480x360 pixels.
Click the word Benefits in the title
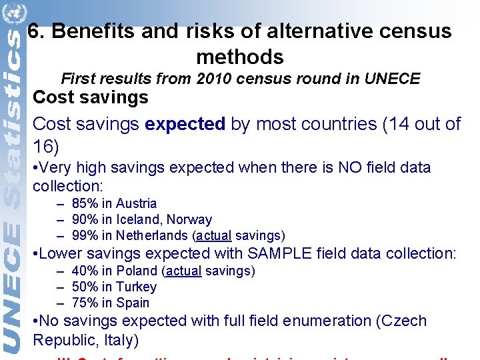(x=91, y=31)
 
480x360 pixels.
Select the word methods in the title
(x=240, y=57)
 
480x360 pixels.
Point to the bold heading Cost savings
(x=91, y=97)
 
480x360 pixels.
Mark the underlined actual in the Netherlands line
(x=213, y=235)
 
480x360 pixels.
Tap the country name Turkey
(x=136, y=287)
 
